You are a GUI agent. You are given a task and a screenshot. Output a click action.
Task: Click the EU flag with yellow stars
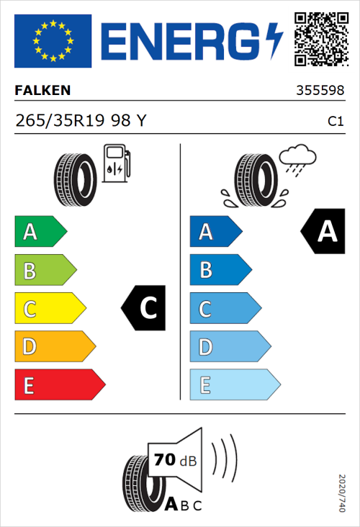pos(53,40)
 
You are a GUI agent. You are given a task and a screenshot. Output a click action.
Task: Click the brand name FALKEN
pos(42,91)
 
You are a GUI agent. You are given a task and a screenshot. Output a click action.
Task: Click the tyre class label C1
pos(335,122)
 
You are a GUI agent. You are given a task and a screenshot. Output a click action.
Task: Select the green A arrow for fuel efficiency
pos(40,232)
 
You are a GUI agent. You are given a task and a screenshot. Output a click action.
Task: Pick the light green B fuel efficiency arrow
pos(45,271)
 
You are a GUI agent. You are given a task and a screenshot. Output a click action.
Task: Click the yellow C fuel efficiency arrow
pos(49,309)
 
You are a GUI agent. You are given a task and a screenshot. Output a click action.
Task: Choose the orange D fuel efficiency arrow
pos(54,347)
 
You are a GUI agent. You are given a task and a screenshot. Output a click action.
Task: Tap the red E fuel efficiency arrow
pos(59,385)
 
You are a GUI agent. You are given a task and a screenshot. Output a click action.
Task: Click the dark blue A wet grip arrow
pos(215,232)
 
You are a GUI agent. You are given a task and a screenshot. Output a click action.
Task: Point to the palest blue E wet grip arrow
pos(234,385)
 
